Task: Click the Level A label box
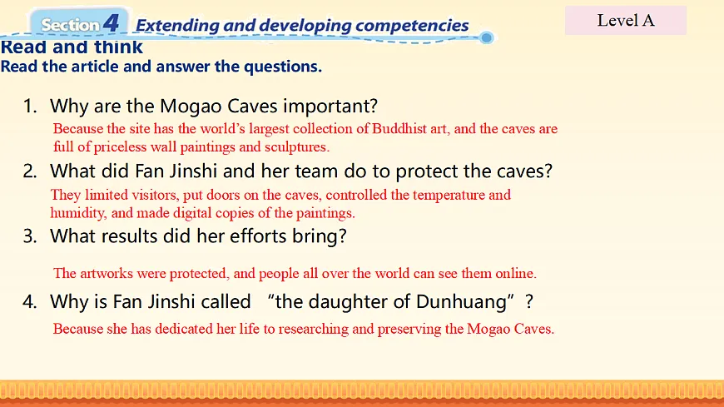pos(626,20)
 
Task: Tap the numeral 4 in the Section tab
pos(111,23)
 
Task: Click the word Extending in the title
pos(177,26)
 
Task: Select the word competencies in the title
pos(412,26)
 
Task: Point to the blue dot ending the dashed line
pos(486,37)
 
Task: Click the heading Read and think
pos(72,47)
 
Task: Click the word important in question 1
pos(330,107)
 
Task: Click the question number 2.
pos(30,171)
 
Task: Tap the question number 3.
pos(30,236)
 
